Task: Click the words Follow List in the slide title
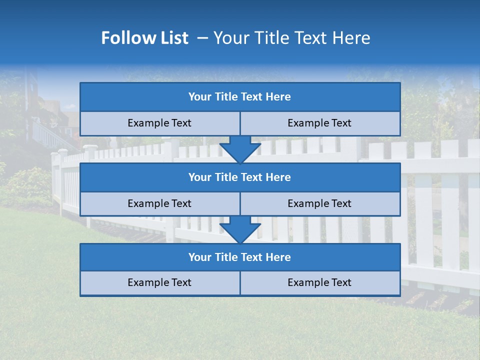coord(144,38)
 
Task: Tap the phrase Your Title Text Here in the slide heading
coord(292,38)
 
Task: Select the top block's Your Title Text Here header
coord(239,97)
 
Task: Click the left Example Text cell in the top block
coord(159,123)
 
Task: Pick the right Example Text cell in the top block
coord(319,123)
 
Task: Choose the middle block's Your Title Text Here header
coord(239,177)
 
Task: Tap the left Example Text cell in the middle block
coord(159,203)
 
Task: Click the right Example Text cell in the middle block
coord(319,203)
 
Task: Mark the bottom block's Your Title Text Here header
coord(239,257)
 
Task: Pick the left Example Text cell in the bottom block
coord(159,282)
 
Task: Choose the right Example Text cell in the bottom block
coord(319,282)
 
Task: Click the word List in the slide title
coord(172,38)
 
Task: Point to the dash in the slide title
coord(202,38)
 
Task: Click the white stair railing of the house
coord(47,134)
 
